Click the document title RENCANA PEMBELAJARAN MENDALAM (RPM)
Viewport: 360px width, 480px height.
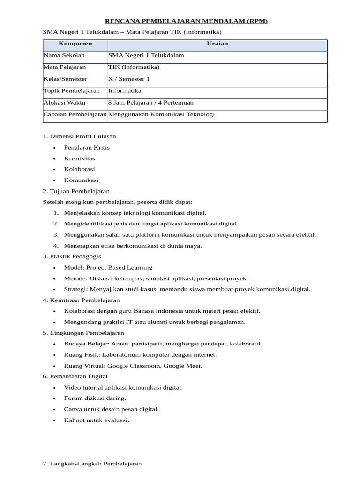pos(186,21)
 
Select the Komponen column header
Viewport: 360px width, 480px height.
pos(75,44)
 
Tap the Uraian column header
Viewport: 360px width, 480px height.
pos(217,44)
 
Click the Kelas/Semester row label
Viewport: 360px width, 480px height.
pos(65,79)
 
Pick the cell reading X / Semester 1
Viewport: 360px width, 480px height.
pos(129,79)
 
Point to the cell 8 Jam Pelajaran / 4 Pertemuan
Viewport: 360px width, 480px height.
pos(150,102)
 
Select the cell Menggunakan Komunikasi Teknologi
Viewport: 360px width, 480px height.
pos(161,114)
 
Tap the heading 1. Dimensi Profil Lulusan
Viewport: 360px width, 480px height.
pos(79,136)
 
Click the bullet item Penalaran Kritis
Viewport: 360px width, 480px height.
pos(87,147)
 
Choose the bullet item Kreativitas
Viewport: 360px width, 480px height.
pos(79,158)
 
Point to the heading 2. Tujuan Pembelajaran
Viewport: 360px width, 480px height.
pos(76,191)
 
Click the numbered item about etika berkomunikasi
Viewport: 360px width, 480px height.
pos(133,246)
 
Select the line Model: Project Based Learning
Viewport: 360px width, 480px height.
pos(108,268)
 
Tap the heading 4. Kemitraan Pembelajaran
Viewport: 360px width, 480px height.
pos(81,300)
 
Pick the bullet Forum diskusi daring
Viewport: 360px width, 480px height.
pos(95,398)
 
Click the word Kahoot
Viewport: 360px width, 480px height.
pos(74,420)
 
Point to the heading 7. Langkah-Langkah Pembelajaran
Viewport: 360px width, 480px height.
pos(92,464)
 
